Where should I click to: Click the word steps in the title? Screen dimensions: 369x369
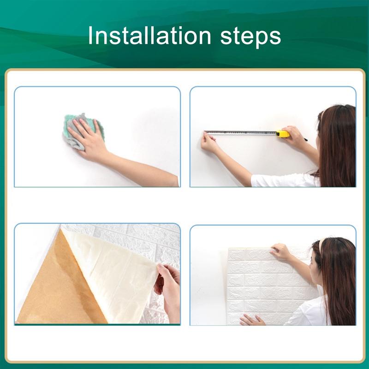(251, 37)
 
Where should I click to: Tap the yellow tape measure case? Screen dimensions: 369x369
(283, 134)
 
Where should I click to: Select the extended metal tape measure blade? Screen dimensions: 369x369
(240, 133)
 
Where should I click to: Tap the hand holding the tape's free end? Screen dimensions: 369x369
(209, 143)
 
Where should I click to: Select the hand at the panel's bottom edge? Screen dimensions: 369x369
(252, 320)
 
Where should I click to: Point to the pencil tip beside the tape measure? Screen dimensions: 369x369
(306, 140)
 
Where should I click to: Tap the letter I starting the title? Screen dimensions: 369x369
(90, 35)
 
